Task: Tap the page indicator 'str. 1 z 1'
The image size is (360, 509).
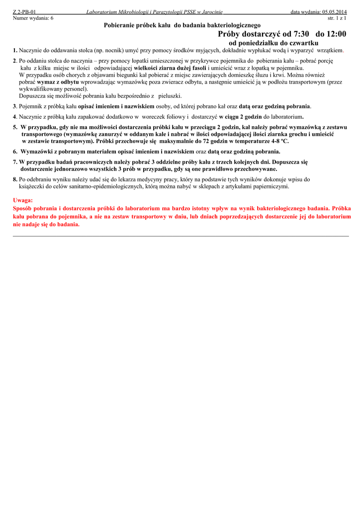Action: [x=337, y=18]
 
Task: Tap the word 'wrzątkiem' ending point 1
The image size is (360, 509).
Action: [x=330, y=51]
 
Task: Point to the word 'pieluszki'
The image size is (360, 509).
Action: [x=170, y=96]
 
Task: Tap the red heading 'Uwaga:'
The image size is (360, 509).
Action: [x=23, y=200]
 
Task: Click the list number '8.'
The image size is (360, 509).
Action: [x=15, y=179]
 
